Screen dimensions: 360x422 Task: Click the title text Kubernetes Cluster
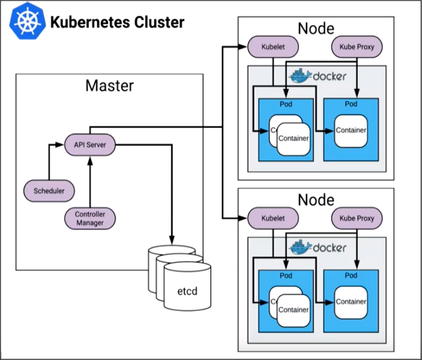click(x=117, y=23)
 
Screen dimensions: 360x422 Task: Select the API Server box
click(x=90, y=144)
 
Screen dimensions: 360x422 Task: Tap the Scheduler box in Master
click(x=49, y=190)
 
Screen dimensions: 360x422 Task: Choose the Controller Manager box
click(x=89, y=218)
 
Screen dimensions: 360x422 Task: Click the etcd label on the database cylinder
click(x=187, y=290)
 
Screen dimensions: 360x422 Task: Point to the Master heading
click(x=109, y=86)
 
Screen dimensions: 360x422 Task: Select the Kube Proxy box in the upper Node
click(x=357, y=47)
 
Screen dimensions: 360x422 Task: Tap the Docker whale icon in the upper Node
click(x=301, y=76)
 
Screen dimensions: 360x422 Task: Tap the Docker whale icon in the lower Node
click(x=301, y=247)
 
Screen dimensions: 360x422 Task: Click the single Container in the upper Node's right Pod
click(x=351, y=130)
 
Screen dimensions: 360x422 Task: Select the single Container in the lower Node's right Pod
click(x=351, y=302)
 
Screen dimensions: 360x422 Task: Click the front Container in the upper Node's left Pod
click(x=293, y=139)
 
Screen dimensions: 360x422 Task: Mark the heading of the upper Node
click(x=316, y=27)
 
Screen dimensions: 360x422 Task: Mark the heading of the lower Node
click(x=316, y=199)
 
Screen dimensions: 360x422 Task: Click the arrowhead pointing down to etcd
click(x=171, y=239)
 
